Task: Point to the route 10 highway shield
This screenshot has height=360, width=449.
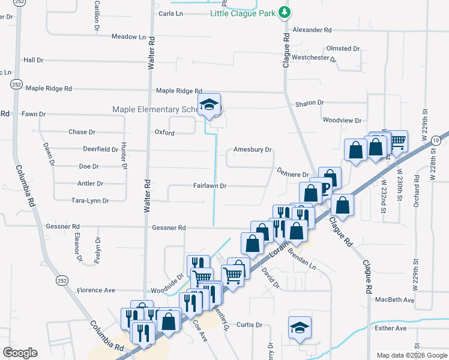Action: tap(436, 140)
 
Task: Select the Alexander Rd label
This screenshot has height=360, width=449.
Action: tap(312, 29)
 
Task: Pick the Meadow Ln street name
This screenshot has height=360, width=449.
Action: tap(129, 37)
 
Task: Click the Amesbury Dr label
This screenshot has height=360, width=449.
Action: tap(253, 150)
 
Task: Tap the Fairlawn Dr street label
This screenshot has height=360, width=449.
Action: tap(209, 186)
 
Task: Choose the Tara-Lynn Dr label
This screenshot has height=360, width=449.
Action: tap(90, 201)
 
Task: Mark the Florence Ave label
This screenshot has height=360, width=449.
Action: tap(95, 290)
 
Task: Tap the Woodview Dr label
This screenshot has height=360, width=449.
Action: tap(342, 120)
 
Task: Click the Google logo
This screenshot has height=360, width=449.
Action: tap(20, 353)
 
